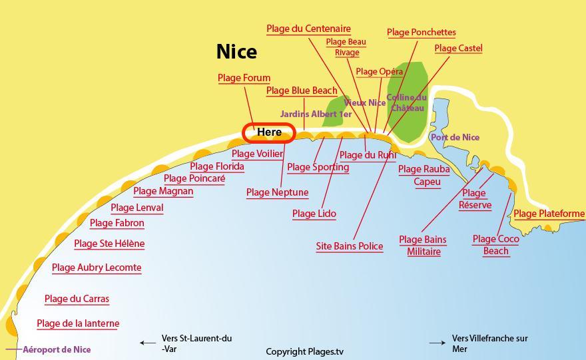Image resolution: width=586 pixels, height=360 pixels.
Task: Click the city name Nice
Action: point(236,52)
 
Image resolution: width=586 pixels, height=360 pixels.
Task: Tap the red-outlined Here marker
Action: point(268,132)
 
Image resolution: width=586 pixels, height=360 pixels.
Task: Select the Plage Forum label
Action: point(244,78)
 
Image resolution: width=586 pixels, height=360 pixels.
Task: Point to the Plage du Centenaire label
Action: point(308,29)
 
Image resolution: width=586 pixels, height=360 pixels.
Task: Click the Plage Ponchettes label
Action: point(421,33)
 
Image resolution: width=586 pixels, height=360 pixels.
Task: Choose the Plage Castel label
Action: point(458,49)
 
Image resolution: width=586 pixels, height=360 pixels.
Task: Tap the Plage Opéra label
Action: point(379,72)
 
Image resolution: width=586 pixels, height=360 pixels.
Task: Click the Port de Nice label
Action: point(455,138)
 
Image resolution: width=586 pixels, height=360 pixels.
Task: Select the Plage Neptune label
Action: point(277,193)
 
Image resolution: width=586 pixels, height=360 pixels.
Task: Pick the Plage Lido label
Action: point(314,214)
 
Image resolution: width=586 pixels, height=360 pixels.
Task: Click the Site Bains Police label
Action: point(349,246)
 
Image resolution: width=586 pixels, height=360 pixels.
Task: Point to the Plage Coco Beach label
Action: point(495,245)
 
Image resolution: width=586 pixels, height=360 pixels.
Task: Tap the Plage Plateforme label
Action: point(549,214)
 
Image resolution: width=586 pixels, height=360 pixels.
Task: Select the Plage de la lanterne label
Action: point(78,324)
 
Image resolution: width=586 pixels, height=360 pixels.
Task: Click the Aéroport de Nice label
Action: point(57,349)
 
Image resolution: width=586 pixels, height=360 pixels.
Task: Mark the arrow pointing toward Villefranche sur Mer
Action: point(437,343)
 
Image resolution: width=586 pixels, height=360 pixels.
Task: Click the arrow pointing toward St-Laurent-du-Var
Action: point(147,343)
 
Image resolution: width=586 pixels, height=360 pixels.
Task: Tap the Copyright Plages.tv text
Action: point(305,351)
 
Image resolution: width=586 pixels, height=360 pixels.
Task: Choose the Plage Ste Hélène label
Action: point(109,244)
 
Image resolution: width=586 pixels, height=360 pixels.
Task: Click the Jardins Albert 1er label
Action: point(316,114)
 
